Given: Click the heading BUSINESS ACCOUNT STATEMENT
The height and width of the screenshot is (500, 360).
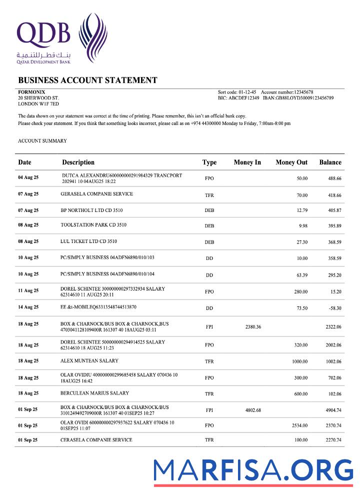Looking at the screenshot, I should click(x=87, y=80).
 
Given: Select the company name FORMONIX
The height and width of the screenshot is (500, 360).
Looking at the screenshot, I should click(x=31, y=92).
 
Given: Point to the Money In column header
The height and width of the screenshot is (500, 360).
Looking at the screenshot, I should click(x=247, y=162).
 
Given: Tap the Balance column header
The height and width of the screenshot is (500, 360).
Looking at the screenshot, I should click(x=330, y=162).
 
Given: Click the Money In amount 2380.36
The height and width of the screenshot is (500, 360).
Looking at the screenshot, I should click(x=253, y=326).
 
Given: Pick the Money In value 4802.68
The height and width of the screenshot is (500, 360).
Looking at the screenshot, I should click(x=253, y=410).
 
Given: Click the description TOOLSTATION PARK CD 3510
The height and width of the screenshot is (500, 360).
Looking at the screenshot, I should click(x=93, y=225).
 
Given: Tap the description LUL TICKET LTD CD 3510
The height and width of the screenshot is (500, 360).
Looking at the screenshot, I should click(x=88, y=241).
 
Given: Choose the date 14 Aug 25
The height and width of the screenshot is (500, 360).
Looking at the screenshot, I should click(x=28, y=307).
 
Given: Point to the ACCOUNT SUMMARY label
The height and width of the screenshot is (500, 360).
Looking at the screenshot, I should click(x=42, y=141).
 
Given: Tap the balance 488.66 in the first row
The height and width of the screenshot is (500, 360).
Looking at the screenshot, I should click(x=334, y=178).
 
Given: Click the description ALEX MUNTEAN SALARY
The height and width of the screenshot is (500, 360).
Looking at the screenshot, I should click(x=89, y=360).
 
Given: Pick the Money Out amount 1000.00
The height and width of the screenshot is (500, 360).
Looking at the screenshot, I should click(x=299, y=361).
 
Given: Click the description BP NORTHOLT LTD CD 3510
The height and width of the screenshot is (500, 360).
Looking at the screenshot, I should click(x=91, y=210).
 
